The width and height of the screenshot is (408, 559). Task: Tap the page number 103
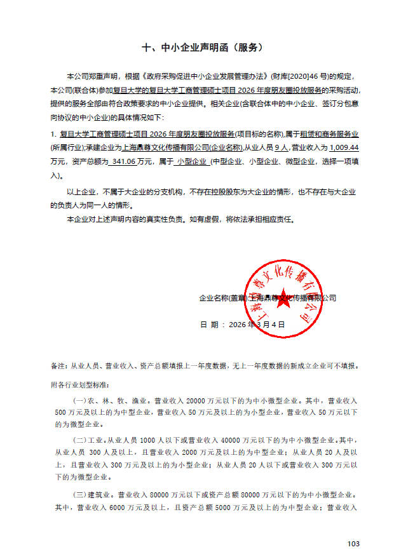point(354,543)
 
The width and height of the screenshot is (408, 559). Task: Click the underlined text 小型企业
point(193,162)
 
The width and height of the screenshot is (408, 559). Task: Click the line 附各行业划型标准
point(79,385)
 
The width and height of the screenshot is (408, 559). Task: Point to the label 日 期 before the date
point(212,324)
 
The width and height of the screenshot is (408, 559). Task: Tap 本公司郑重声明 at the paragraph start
point(91,77)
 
